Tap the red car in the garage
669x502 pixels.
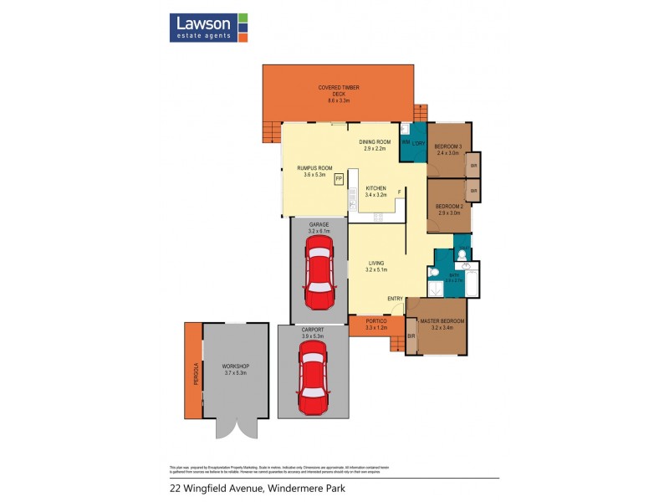coord(319,273)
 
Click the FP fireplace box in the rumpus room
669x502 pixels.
coord(339,179)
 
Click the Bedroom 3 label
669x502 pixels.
coord(449,147)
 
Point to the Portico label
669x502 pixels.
coord(375,320)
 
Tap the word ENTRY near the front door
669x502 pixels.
coord(395,300)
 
